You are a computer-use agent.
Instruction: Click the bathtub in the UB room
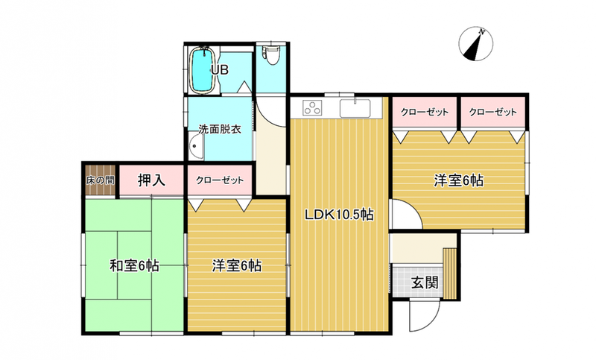(x=203, y=70)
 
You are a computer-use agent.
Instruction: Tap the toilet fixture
(x=272, y=54)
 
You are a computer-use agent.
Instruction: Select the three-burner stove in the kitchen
(x=312, y=107)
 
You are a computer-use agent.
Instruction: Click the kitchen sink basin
(x=355, y=108)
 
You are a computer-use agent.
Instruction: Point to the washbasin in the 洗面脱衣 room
(x=196, y=146)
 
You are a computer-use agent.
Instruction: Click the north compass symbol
(x=475, y=44)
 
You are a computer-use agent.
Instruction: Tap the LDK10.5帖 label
(x=339, y=215)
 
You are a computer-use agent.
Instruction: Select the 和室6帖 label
(x=134, y=265)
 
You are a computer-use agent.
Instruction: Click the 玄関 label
(x=425, y=282)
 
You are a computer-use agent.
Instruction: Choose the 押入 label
(x=151, y=180)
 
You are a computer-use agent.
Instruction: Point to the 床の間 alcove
(x=100, y=180)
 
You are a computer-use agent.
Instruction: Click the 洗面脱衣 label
(x=220, y=129)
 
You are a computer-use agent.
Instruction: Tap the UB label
(x=220, y=69)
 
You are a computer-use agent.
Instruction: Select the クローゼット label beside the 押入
(x=220, y=180)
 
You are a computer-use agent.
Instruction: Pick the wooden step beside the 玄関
(x=450, y=274)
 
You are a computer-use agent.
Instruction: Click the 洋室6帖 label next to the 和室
(x=236, y=265)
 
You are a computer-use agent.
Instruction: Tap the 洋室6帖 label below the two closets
(x=459, y=180)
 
